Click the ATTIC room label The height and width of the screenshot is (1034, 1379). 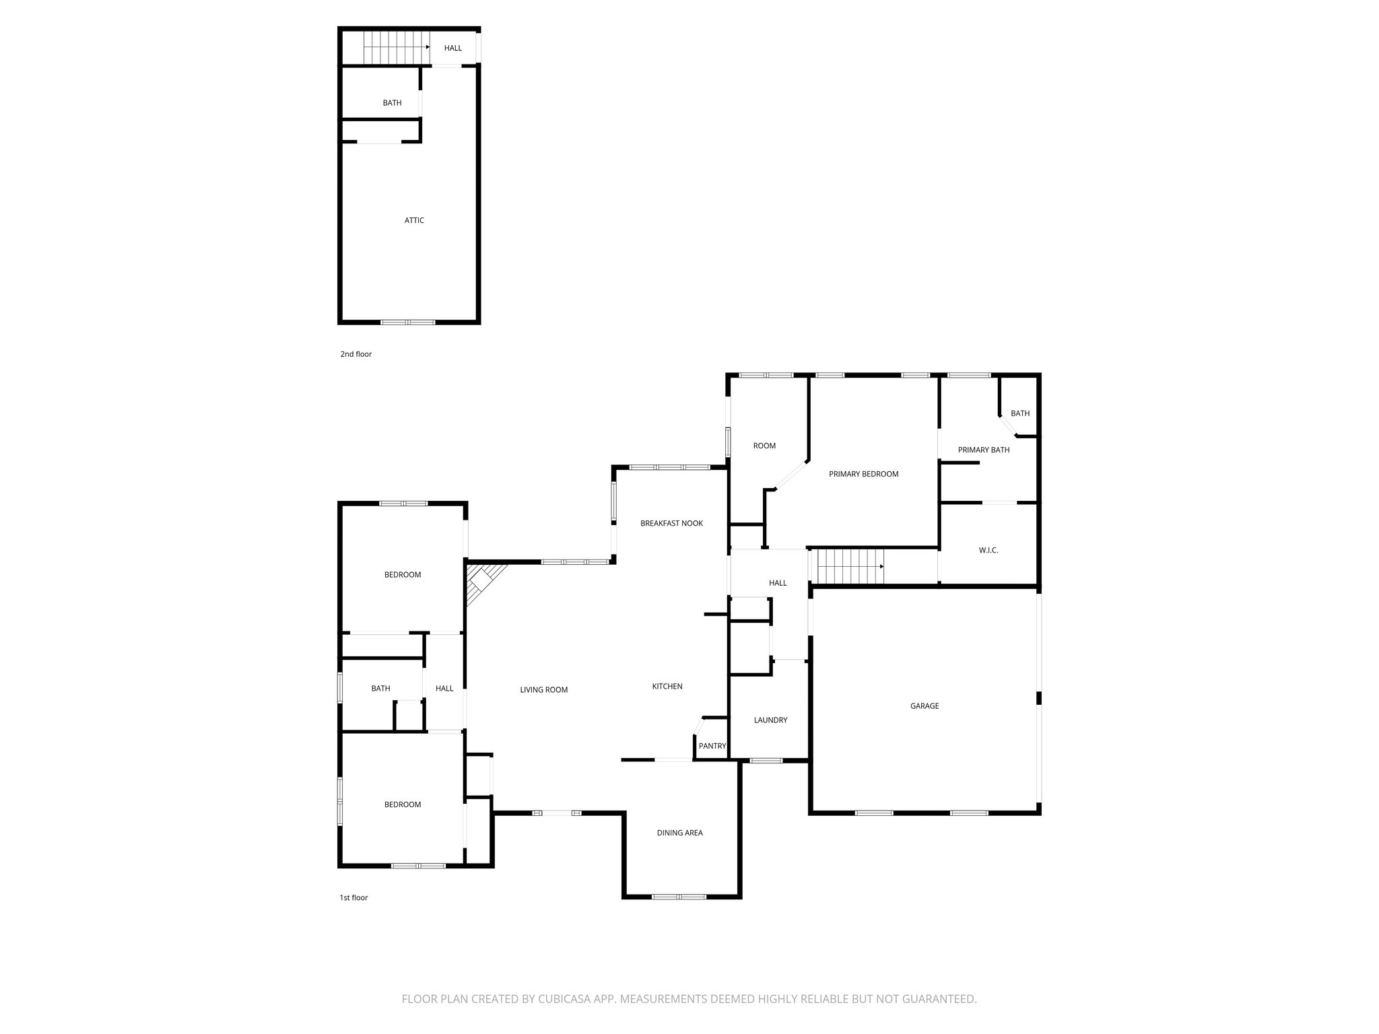click(414, 220)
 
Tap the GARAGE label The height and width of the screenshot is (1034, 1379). click(924, 706)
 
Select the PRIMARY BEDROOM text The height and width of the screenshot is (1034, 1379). click(863, 474)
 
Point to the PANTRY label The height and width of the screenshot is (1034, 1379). click(712, 746)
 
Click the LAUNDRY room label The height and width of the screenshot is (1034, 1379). click(770, 720)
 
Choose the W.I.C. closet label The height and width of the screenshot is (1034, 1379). click(988, 551)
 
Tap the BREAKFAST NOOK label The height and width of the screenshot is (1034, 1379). click(671, 523)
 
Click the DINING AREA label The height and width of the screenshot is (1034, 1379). click(679, 833)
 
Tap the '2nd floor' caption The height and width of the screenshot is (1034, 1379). click(356, 354)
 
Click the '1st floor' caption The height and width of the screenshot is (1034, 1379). click(354, 897)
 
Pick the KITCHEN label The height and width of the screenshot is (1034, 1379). click(667, 687)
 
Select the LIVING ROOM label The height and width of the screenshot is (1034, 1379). click(543, 690)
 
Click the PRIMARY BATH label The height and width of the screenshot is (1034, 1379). click(983, 450)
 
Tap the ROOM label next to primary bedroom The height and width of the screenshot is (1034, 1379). click(764, 446)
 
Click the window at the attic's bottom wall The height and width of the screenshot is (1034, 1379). click(408, 322)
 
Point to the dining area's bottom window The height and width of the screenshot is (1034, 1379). click(679, 897)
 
